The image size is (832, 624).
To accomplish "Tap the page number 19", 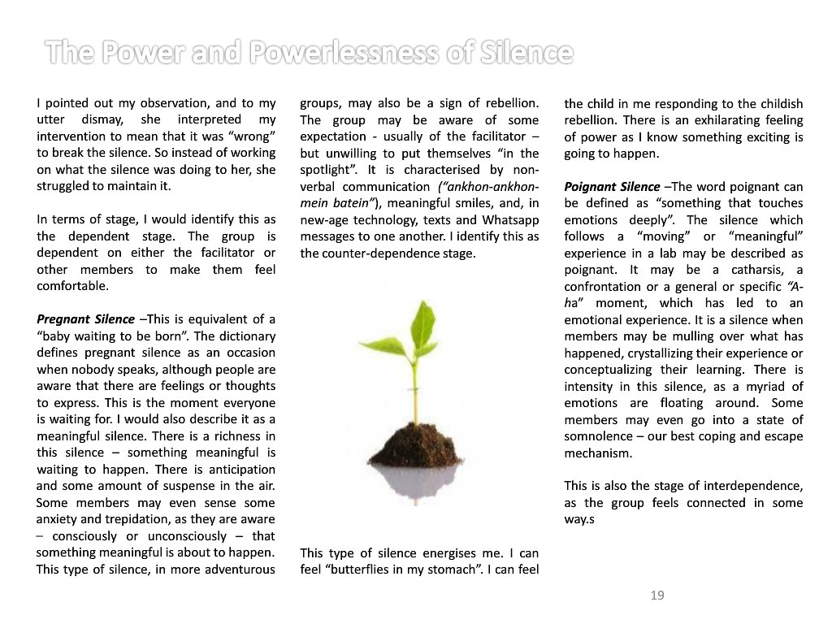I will coord(657,596).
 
